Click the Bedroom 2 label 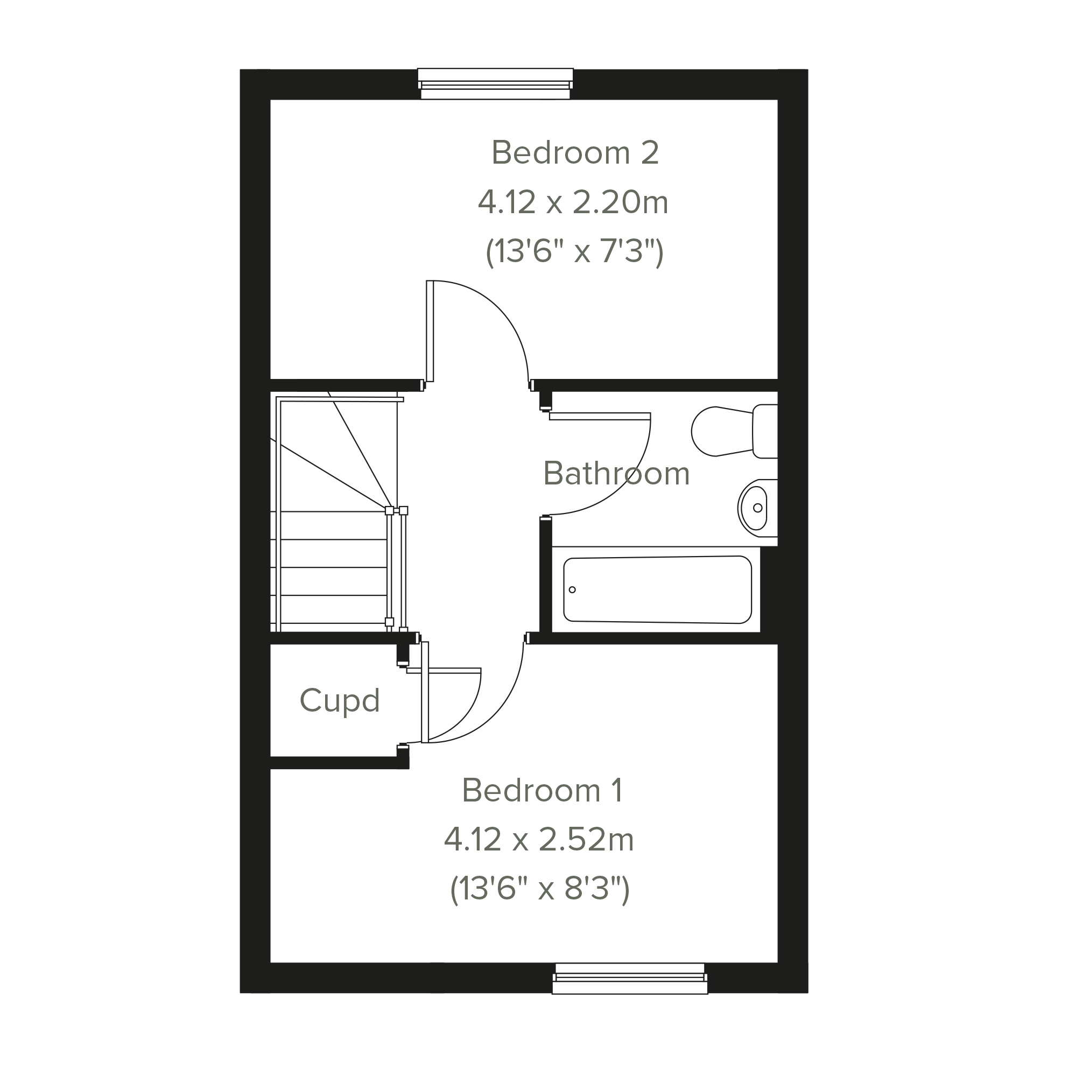(575, 153)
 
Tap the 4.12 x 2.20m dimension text (573, 202)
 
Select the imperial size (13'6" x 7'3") (574, 251)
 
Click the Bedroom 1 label (542, 790)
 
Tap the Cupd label (340, 701)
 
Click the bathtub (657, 589)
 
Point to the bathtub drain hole (572, 589)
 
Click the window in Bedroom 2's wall (495, 84)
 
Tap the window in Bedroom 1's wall (630, 979)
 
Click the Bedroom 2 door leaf (430, 331)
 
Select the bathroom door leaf (600, 417)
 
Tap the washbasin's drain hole (758, 508)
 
